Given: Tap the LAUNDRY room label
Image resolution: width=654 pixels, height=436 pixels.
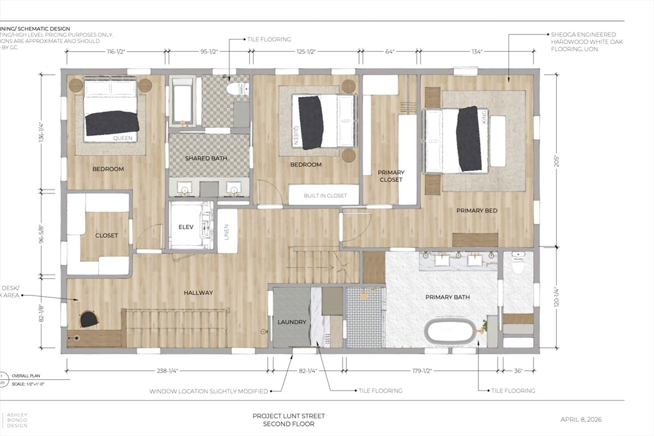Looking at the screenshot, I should click(291, 322).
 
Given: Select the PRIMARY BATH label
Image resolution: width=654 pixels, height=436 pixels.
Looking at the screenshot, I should click(444, 297).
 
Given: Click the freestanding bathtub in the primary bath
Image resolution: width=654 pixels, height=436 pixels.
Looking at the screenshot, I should click(450, 333).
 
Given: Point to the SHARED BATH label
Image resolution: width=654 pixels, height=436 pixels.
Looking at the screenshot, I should click(206, 158).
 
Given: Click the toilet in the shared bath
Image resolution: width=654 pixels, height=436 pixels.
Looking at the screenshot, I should click(239, 89).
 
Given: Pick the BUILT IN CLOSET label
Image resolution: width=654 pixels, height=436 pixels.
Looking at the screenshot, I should click(325, 195).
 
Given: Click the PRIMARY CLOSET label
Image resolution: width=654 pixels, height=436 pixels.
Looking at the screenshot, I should click(391, 176).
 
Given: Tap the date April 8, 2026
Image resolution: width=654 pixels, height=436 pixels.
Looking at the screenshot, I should click(581, 419).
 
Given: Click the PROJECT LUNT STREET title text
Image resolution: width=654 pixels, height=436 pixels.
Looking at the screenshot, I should click(288, 416).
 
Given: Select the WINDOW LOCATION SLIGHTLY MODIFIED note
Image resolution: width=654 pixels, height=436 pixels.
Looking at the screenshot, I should click(208, 391).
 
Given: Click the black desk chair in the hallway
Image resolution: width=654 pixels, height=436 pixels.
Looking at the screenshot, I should click(89, 319).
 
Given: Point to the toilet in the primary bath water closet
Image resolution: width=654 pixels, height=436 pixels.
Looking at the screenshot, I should click(518, 263).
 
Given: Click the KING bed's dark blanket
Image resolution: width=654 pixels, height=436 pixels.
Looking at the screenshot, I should click(469, 139).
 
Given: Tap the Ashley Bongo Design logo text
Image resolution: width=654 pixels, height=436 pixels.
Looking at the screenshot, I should click(17, 419).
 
